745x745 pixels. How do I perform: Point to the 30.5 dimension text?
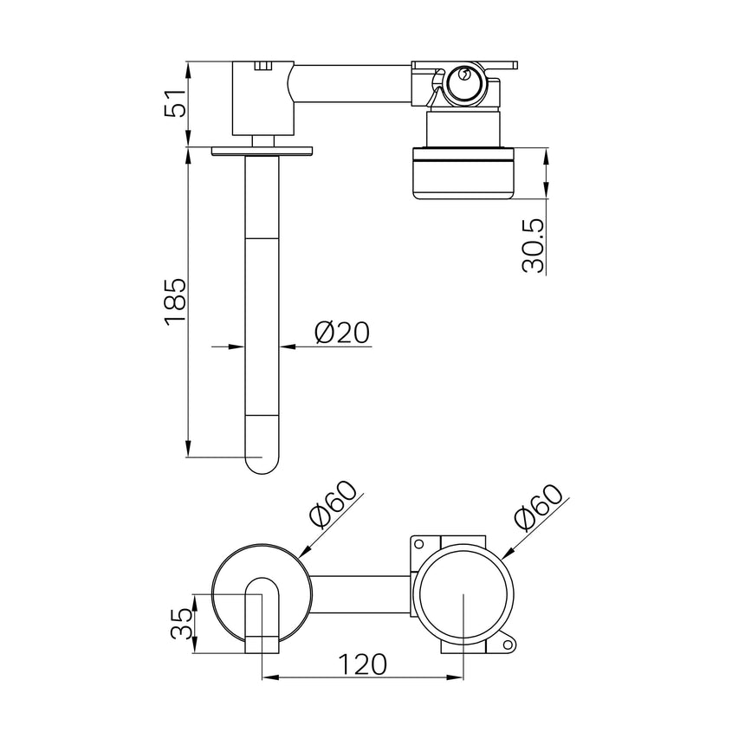pos(535,246)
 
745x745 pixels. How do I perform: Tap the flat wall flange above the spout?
pos(262,151)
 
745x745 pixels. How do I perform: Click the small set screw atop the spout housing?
pos(262,64)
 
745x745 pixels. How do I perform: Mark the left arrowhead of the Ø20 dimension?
pos(236,347)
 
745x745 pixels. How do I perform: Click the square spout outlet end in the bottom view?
pos(262,644)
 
